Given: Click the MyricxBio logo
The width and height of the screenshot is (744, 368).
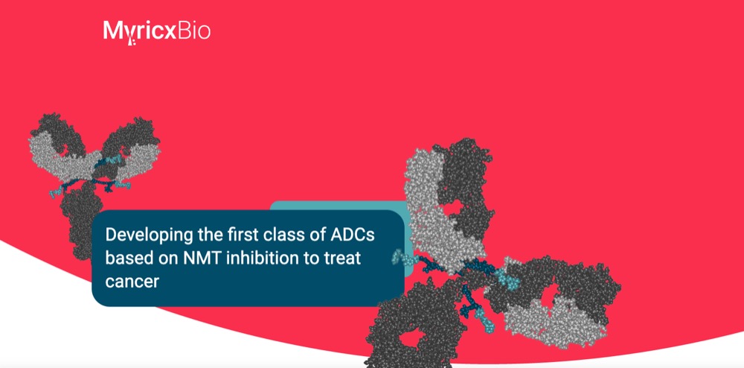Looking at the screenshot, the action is coord(156,31).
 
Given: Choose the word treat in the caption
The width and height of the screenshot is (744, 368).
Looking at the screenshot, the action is coord(343,258).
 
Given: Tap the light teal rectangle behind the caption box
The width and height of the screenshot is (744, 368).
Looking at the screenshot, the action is coord(338,206).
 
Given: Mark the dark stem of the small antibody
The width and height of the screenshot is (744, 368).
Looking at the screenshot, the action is coord(82,221).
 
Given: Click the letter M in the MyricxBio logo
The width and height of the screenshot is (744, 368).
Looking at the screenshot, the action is coord(113,30).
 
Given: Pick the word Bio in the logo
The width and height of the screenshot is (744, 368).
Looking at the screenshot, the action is coord(195,31).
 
